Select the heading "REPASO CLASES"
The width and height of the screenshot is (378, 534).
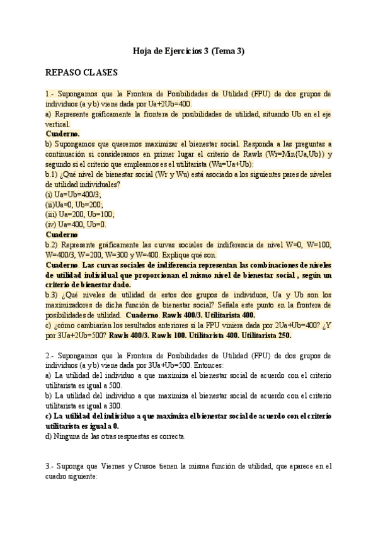[x=81, y=72]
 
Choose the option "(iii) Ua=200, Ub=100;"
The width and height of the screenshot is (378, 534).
[x=80, y=214]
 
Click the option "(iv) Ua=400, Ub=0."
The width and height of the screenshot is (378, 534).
[x=76, y=224]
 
